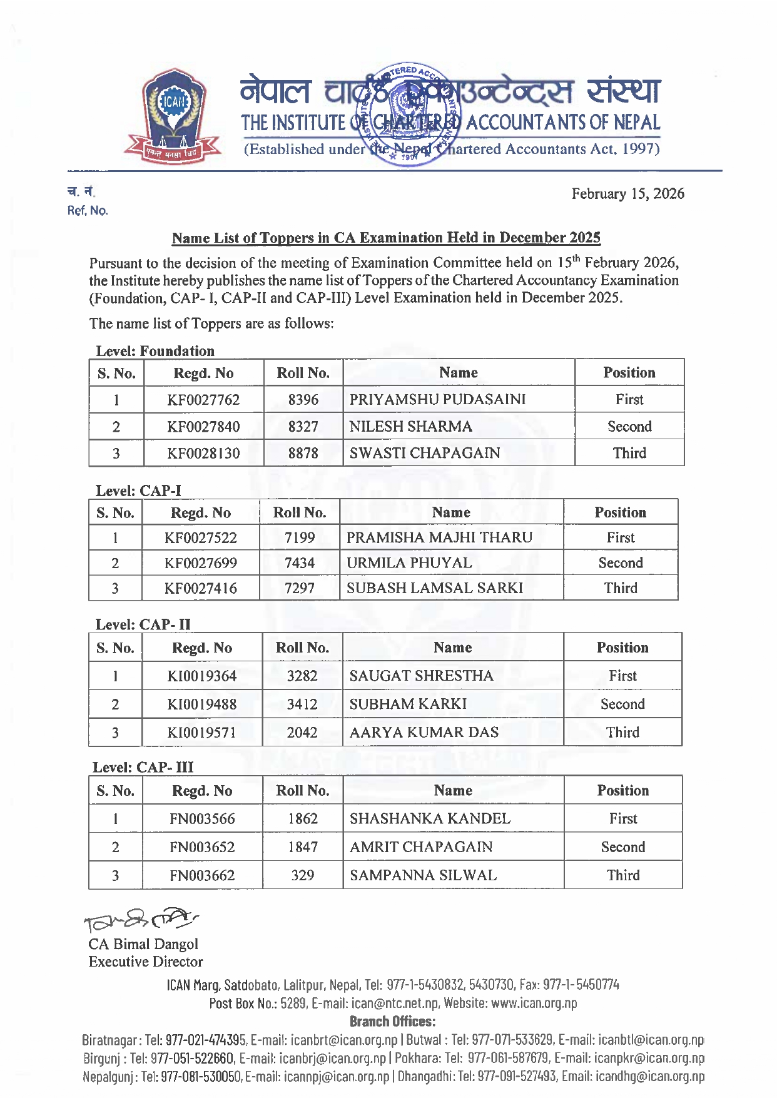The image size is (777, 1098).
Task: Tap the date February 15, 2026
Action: point(627,194)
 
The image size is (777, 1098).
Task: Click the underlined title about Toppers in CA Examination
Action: point(386,238)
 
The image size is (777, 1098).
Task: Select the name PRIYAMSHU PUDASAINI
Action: point(437,400)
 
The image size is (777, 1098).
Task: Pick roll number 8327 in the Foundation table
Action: point(303,427)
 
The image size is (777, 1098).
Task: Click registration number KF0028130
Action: point(203,454)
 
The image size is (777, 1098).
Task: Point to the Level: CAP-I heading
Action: point(138,491)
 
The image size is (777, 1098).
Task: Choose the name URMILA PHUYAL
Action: point(409,563)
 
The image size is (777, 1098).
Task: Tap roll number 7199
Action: point(300,538)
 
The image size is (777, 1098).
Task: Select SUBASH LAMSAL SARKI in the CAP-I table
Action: point(435,588)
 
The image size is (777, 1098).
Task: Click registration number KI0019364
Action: point(202,676)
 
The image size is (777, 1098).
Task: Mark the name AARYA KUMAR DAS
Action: point(424,733)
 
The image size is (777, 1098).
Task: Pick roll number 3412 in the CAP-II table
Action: point(302,704)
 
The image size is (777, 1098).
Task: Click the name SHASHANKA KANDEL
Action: point(430,819)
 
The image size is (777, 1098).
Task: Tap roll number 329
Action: point(303,875)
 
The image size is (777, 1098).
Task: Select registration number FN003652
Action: point(202,847)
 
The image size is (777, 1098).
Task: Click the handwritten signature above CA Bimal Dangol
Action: point(140,919)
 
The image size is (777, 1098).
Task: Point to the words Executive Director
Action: point(146,962)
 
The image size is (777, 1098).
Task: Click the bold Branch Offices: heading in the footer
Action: point(392,1022)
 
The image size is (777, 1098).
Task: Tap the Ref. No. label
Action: point(88,211)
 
